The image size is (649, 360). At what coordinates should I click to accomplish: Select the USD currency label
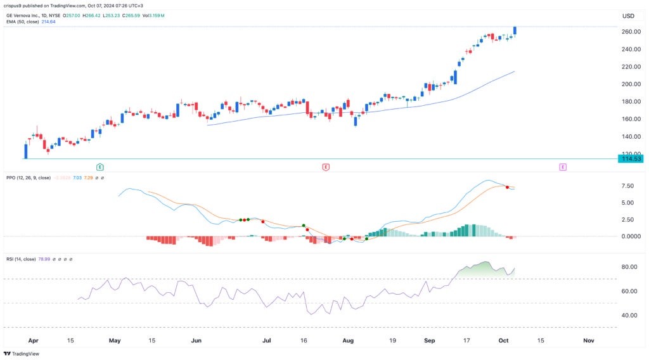(x=628, y=16)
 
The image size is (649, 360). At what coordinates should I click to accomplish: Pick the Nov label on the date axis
(x=588, y=340)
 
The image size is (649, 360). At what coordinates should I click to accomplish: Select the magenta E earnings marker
(x=562, y=167)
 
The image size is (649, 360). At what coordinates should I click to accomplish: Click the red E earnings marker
(x=326, y=167)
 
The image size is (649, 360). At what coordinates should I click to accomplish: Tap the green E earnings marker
(x=100, y=167)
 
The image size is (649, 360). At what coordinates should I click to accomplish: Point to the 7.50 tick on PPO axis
(x=627, y=186)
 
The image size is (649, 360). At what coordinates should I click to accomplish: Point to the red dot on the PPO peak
(x=507, y=187)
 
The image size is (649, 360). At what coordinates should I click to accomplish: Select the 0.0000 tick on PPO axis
(x=627, y=236)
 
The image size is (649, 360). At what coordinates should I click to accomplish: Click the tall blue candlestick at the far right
(x=515, y=31)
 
